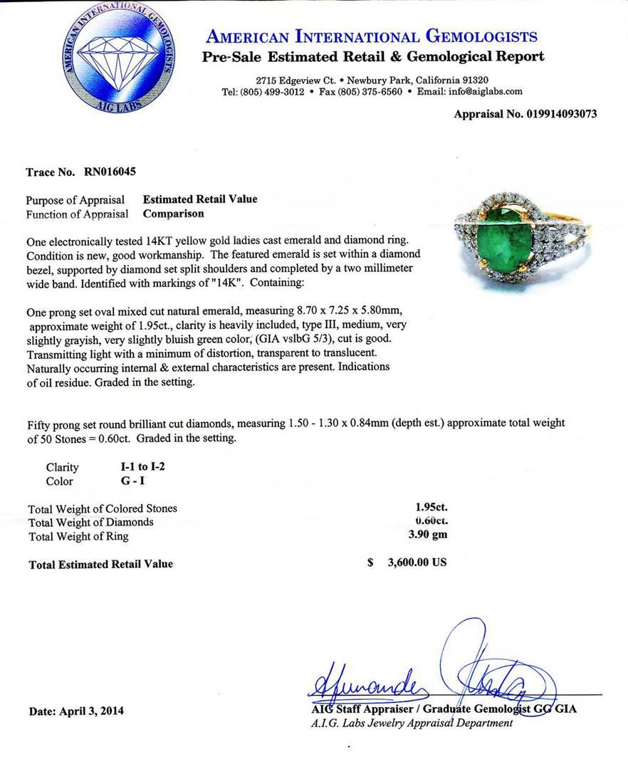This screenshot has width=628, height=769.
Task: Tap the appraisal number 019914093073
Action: coord(561,113)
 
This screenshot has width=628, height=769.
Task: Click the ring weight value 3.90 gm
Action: coord(431,535)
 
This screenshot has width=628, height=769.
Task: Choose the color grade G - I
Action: coord(132,481)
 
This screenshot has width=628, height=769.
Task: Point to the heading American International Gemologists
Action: coord(371,36)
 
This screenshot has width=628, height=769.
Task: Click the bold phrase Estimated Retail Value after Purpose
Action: coord(200,199)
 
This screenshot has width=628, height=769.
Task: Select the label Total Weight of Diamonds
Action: coord(91,522)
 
